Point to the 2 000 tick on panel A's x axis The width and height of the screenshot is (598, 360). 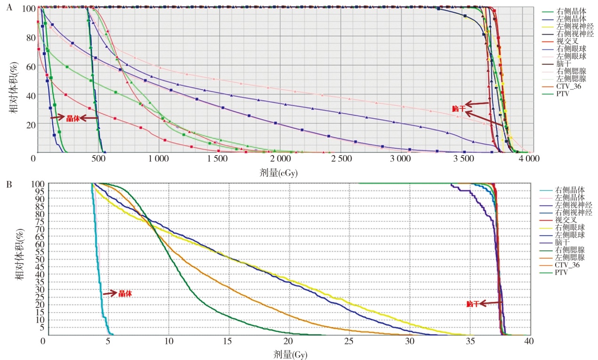[x=279, y=159]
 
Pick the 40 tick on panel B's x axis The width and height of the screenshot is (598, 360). [x=530, y=341]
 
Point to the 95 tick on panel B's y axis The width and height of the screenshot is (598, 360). [x=37, y=191]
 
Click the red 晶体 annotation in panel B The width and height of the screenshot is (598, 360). [x=125, y=293]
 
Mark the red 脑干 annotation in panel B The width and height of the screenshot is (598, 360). [x=473, y=304]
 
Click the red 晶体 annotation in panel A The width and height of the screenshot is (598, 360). [x=73, y=118]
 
